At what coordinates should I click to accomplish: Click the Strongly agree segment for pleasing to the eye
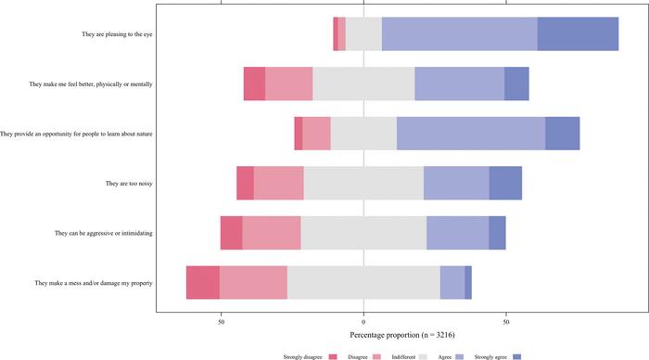point(578,33)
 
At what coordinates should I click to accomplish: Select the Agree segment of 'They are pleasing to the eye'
point(459,33)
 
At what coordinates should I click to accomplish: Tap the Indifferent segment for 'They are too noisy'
point(363,183)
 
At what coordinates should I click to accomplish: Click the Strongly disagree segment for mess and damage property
point(202,282)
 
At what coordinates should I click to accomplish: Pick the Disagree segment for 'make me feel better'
point(288,84)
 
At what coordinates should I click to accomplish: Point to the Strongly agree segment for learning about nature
point(562,134)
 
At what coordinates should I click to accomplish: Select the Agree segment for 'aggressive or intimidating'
point(457,233)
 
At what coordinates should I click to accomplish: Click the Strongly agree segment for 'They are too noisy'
point(505,183)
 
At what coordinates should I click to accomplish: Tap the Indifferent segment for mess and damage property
point(363,282)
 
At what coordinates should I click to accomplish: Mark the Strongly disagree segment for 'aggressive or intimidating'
point(231,233)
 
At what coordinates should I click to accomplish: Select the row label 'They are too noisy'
point(129,184)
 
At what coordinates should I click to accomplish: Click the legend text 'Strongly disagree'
point(303,354)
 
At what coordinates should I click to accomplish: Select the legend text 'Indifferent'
point(397,354)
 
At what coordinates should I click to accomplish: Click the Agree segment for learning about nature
point(470,134)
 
